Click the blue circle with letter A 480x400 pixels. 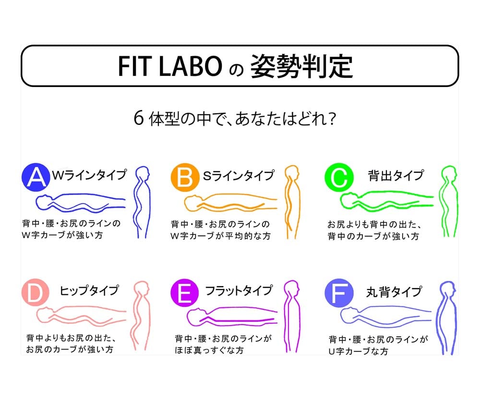pos(36,177)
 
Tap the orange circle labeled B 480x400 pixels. pos(185,178)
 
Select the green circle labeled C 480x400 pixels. pos(339,178)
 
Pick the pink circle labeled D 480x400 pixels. pos(36,292)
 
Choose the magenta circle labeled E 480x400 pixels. pos(185,293)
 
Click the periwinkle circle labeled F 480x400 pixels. pos(339,293)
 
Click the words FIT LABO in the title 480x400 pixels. pos(170,66)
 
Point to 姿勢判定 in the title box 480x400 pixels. pos(301,66)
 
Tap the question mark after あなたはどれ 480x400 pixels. pos(332,119)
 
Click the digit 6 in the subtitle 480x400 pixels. pos(139,118)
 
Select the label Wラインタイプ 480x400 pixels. pos(89,175)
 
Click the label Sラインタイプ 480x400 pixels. pos(239,175)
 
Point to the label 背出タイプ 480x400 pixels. pos(396,175)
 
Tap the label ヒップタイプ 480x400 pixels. pos(89,290)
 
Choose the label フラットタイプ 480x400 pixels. pos(239,290)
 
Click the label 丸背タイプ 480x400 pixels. pos(394,291)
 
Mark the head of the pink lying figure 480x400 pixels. pos(45,315)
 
